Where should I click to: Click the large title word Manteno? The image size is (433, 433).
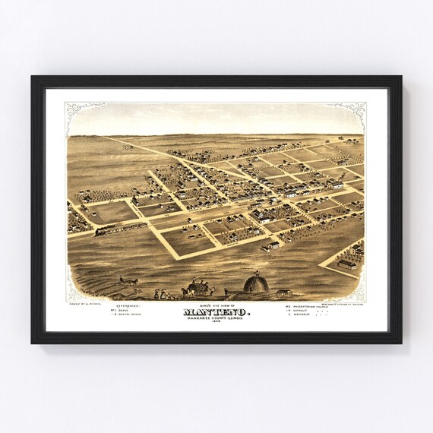pyautogui.click(x=216, y=311)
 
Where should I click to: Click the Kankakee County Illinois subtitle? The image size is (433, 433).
pyautogui.click(x=216, y=318)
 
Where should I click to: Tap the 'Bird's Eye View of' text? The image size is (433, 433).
pyautogui.click(x=216, y=303)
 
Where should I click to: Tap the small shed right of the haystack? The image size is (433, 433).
pyautogui.click(x=284, y=292)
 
